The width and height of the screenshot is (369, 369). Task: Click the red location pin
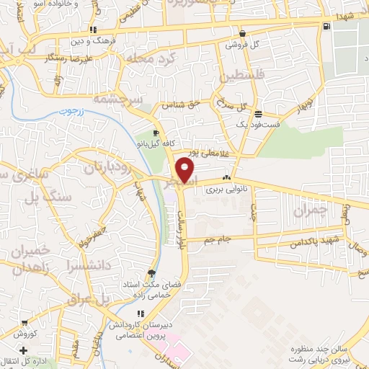pos(187,170)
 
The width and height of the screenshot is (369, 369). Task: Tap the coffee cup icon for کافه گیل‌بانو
pos(157,133)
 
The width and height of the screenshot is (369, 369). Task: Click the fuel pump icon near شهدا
pos(328,27)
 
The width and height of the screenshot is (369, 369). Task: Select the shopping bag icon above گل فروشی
pos(242,33)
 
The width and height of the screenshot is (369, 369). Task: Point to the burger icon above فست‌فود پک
pos(258,113)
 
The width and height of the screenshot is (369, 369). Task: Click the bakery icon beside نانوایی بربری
pos(226,178)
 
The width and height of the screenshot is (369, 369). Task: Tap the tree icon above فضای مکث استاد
pos(151,273)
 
